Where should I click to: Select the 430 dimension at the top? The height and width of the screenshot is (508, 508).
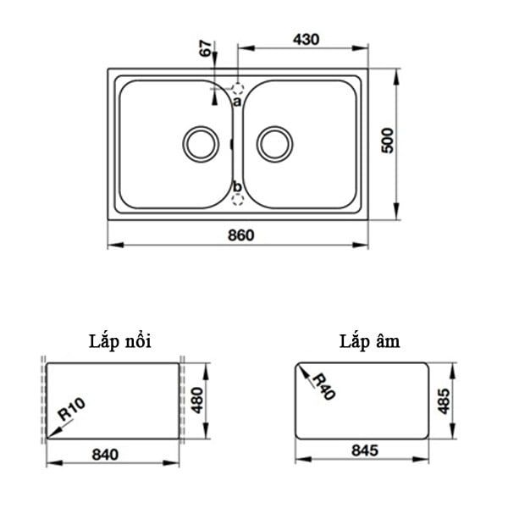coord(305,39)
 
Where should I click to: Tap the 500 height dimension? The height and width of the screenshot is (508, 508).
coord(388,140)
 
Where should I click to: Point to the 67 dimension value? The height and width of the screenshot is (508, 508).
coord(205,48)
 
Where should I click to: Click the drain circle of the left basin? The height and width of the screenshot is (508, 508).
coord(201,143)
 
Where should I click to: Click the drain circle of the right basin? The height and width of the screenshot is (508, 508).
coord(274,143)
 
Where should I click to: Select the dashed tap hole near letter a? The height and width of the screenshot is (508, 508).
coord(238,88)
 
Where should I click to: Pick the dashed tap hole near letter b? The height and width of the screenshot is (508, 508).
coord(238,199)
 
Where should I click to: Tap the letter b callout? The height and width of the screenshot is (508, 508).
coord(237,186)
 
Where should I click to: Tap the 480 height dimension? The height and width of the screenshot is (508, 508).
coord(197,399)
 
